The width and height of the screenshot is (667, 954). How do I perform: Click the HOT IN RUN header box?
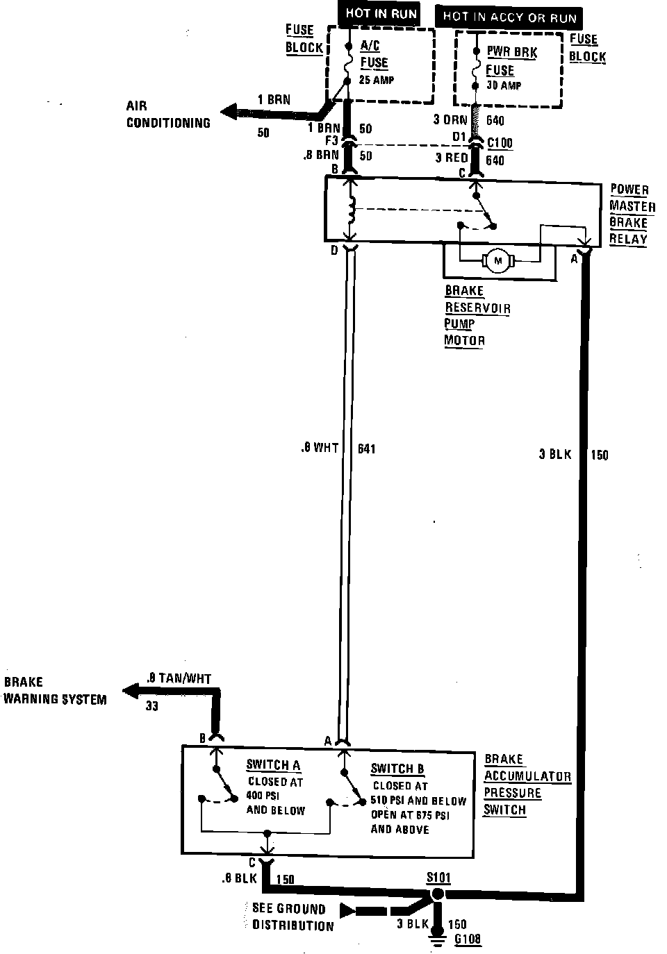click(x=381, y=14)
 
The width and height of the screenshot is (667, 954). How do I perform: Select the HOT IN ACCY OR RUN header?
click(x=509, y=17)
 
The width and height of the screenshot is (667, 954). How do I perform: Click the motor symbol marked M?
click(x=496, y=261)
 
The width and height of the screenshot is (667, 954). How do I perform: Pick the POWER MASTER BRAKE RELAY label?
click(x=632, y=215)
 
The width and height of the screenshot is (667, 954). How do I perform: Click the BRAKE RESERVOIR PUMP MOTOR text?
click(x=477, y=316)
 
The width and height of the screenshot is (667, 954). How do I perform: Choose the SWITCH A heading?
click(x=273, y=765)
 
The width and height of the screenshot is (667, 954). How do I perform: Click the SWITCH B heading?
click(x=397, y=769)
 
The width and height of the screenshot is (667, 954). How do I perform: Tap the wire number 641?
click(x=366, y=449)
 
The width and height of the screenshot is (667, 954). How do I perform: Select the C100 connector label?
click(x=500, y=144)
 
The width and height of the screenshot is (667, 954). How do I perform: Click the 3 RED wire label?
click(x=452, y=158)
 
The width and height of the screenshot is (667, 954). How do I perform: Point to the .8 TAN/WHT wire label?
click(x=179, y=678)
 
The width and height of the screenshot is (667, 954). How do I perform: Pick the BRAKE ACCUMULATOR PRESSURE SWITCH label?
click(x=527, y=785)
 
